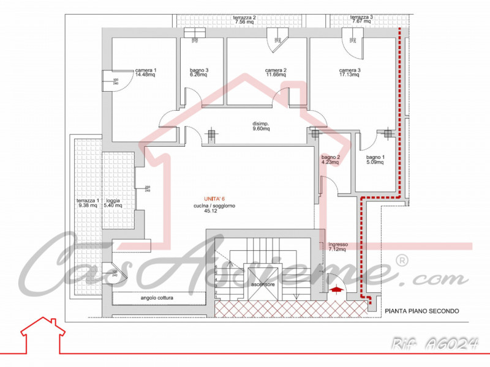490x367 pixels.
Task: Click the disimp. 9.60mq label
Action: tap(262, 127)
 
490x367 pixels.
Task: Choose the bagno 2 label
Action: tap(331, 160)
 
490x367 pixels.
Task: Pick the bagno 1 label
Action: tap(375, 160)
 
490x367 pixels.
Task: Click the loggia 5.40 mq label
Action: tap(113, 203)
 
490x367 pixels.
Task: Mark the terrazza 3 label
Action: tap(361, 20)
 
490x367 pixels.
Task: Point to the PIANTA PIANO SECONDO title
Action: tap(421, 311)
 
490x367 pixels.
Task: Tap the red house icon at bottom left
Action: tap(42, 333)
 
